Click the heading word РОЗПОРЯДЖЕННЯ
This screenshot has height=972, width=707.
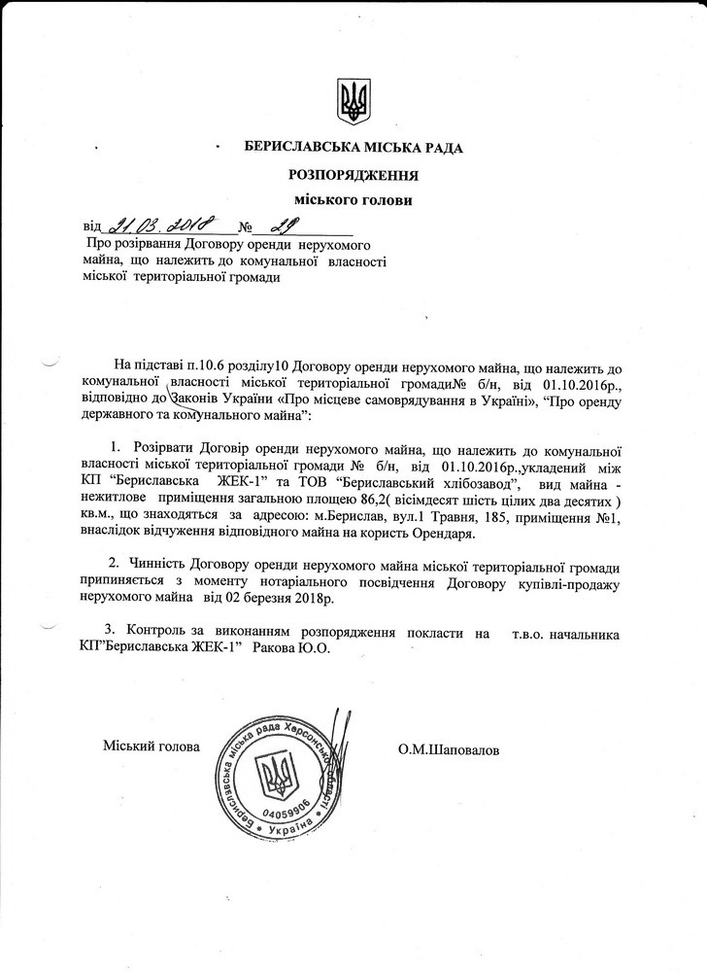coord(353,175)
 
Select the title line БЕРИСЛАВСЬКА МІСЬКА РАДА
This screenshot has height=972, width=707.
coord(354,148)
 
